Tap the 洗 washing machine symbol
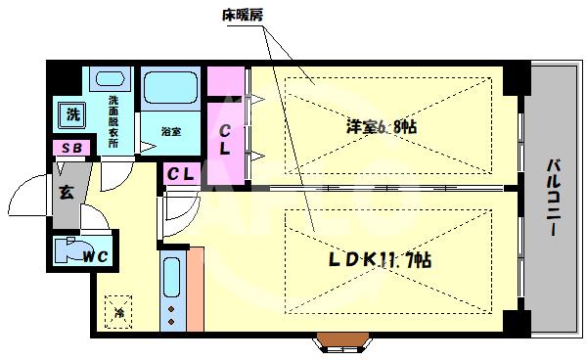click(x=72, y=114)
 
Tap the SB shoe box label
click(x=70, y=148)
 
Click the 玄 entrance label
click(x=66, y=192)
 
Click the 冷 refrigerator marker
click(x=118, y=313)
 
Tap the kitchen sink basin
click(x=172, y=277)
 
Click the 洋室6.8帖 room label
click(x=381, y=125)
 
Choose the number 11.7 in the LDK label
click(x=391, y=260)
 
